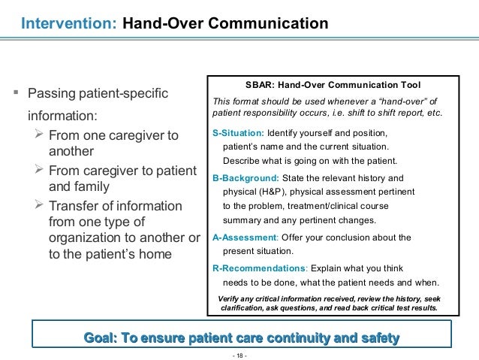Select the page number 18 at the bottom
(x=239, y=352)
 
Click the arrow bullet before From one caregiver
(x=41, y=135)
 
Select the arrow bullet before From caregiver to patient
(x=41, y=171)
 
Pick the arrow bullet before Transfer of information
(x=41, y=206)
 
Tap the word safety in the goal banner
(x=375, y=337)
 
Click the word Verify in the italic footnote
(x=230, y=298)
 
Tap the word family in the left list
(x=93, y=187)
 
